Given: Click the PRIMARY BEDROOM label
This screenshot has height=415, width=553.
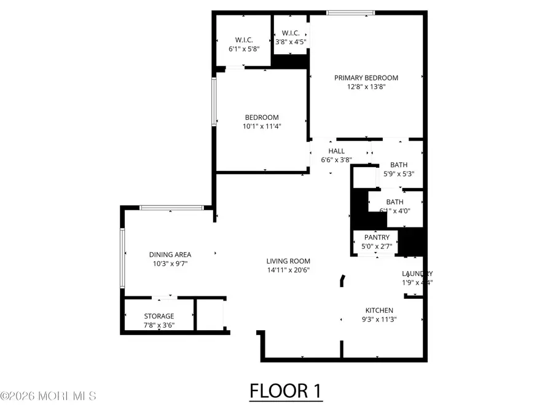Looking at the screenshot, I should click(x=366, y=78).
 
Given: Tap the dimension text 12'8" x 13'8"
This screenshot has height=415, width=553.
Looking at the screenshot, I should click(x=366, y=87).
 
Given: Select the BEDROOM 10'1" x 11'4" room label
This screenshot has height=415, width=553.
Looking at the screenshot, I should click(x=262, y=117).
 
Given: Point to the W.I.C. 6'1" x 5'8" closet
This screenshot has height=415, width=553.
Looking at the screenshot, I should click(x=243, y=38).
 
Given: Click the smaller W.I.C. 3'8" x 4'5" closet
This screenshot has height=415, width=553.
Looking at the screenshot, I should click(x=290, y=38).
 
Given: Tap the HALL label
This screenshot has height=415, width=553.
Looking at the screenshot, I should click(x=336, y=151).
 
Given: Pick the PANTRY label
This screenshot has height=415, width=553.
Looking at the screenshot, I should click(x=377, y=237).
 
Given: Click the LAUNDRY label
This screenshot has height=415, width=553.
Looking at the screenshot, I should click(x=417, y=274).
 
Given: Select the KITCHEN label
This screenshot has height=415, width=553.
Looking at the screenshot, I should click(x=379, y=310).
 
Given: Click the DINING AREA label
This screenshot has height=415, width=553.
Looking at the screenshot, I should click(x=170, y=255).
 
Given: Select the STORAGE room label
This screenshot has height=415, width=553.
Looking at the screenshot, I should click(x=159, y=316).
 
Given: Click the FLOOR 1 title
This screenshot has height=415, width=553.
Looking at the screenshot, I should click(x=286, y=391).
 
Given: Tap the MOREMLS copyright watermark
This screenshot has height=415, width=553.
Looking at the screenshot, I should click(x=49, y=396).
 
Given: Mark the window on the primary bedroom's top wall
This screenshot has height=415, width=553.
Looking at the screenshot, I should click(x=350, y=12).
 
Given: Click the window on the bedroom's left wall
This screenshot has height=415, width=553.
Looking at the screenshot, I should click(x=214, y=101).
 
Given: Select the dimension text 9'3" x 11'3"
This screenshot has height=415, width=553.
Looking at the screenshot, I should click(x=379, y=319).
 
